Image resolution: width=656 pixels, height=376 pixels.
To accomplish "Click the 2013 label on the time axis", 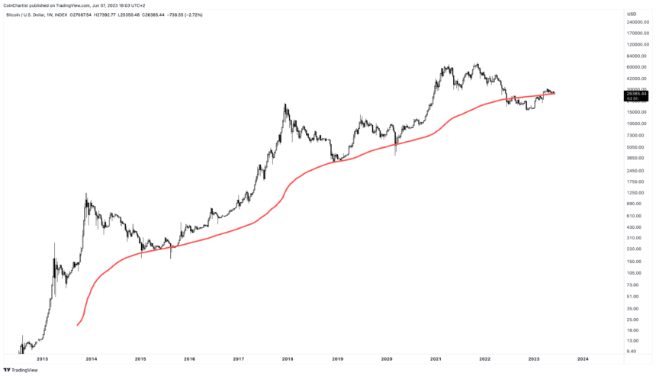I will (x=42, y=358).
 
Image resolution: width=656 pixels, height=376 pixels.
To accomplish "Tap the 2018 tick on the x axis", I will (x=288, y=358).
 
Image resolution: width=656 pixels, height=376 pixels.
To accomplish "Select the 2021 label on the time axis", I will (x=436, y=358).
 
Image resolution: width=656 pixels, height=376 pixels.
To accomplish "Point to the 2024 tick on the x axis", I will (x=583, y=358).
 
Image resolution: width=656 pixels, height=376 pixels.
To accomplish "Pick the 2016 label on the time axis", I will (x=189, y=358).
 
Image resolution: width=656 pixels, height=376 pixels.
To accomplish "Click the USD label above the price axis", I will (x=632, y=14).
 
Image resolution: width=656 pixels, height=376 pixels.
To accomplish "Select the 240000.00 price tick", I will (x=638, y=22).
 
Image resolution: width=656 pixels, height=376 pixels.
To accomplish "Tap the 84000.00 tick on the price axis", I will (x=637, y=56).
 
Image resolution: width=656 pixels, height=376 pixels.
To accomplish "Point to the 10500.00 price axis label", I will (x=637, y=124).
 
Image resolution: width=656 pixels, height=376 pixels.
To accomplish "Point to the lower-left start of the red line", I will (x=78, y=326).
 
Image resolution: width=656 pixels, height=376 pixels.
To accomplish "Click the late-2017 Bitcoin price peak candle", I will (x=285, y=104).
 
